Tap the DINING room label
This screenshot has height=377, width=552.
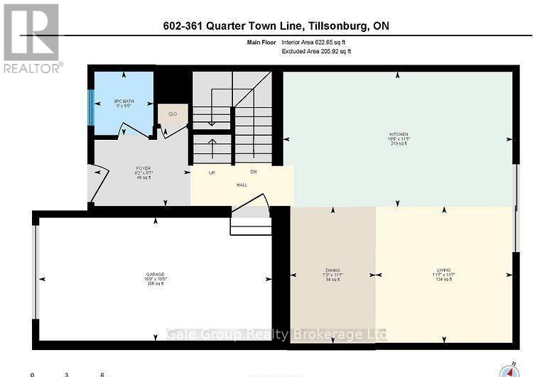pos(332,271)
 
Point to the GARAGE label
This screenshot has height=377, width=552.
pos(155,275)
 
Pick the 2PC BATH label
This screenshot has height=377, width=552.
pos(125,102)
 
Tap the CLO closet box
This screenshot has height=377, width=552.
pos(172,114)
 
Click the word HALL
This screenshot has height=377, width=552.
pos(242,184)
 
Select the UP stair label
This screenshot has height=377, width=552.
pos(212,173)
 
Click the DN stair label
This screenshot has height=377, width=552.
pos(253,172)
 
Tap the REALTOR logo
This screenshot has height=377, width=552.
pos(31,39)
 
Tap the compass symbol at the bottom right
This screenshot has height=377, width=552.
pos(510,370)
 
